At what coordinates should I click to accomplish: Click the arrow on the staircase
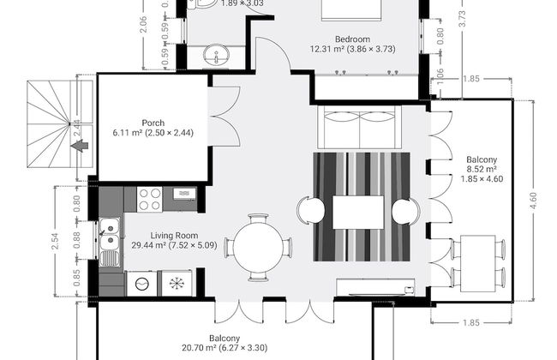point(81,147)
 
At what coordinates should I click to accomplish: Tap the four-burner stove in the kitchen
point(149,199)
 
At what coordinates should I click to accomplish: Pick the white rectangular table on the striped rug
point(358,212)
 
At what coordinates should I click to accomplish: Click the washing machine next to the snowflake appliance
point(142,283)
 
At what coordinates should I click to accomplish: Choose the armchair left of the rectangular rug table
point(310,211)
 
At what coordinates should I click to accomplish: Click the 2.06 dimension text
point(143,26)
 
